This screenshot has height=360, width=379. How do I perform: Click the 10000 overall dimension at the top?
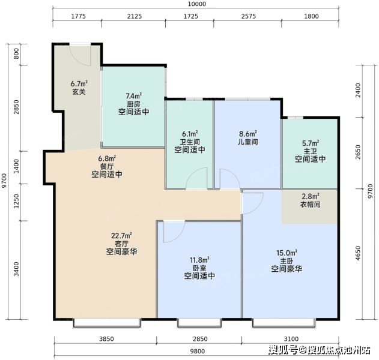coord(198,4)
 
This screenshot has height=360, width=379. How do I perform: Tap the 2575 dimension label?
coord(249,16)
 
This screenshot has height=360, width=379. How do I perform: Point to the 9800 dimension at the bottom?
coord(197,351)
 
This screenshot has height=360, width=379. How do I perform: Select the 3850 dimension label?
coord(106,339)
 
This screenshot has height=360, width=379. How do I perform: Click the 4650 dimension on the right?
coord(358,253)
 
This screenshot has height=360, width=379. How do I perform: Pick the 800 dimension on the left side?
coord(16,53)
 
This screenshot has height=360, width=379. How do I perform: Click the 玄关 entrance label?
coord(79,92)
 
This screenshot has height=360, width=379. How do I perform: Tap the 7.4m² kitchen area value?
coord(134,96)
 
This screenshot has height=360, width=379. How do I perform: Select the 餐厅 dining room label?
coord(106,166)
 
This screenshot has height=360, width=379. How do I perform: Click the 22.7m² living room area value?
coord(121,235)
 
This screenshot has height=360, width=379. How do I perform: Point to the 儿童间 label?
coord(247,142)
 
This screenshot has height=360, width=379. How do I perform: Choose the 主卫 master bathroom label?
coord(311,151)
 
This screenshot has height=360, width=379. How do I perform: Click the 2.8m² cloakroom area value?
coord(311,196)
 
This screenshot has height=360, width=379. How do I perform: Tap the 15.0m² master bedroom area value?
coord(287,253)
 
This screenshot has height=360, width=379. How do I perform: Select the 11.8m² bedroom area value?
coord(199,260)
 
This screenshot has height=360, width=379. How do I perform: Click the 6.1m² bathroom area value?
coord(190,134)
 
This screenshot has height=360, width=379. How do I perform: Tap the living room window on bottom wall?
coord(107,323)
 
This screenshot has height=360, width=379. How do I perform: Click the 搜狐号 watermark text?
coord(283,350)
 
